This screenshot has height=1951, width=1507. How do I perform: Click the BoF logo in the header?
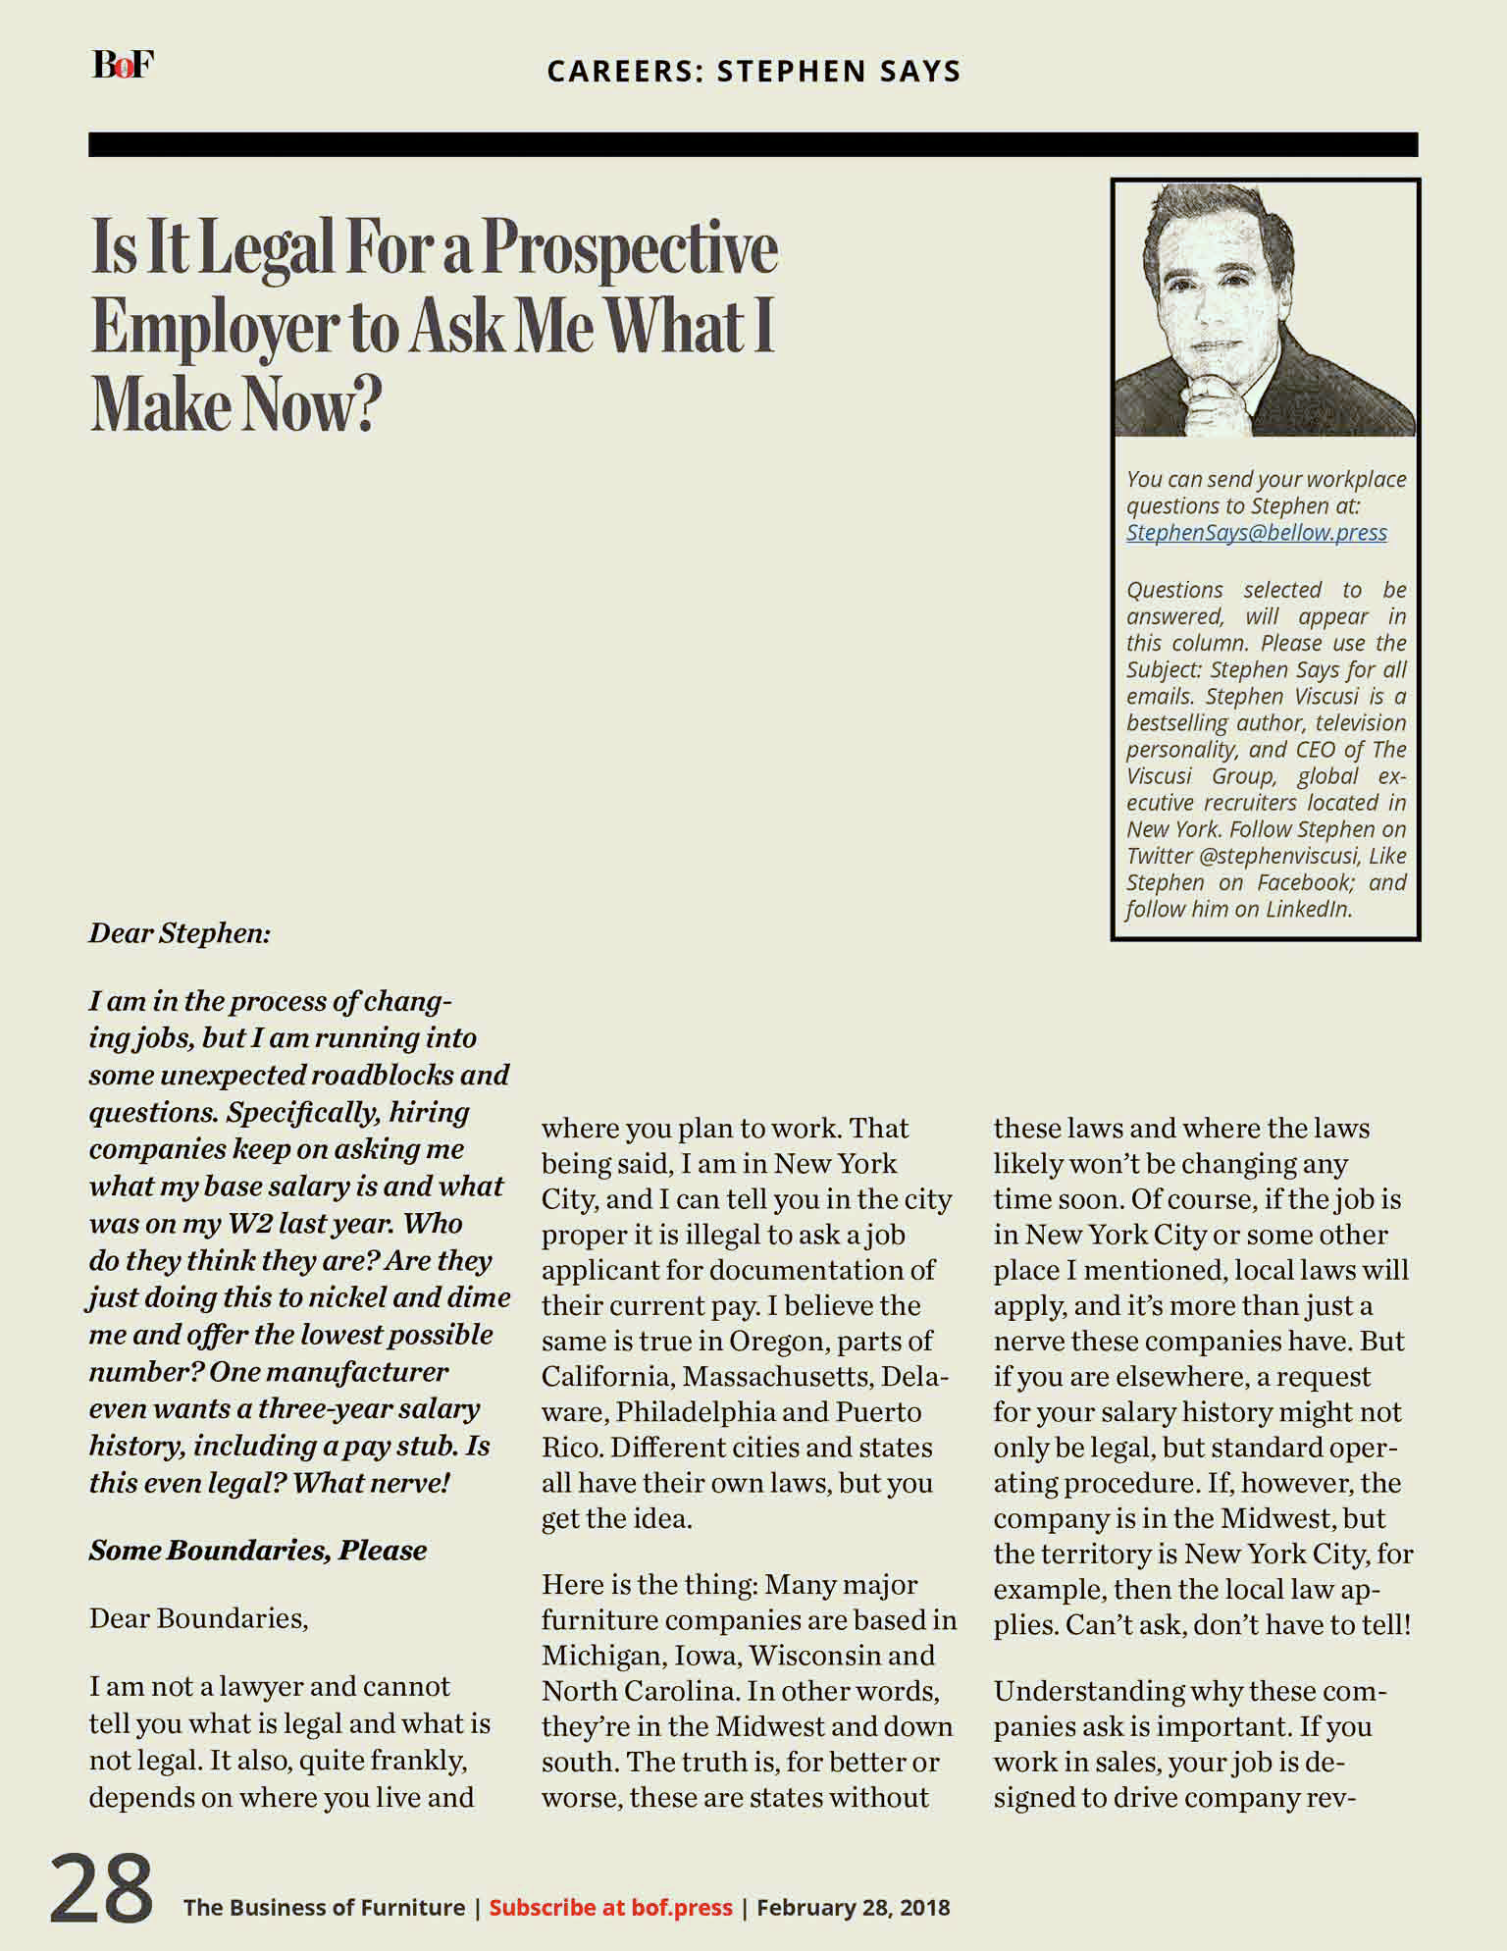[123, 65]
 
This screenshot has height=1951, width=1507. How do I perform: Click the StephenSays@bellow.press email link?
[1256, 533]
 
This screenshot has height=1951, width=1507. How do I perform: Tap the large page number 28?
[101, 1889]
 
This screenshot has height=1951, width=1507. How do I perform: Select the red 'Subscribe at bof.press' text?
[610, 1907]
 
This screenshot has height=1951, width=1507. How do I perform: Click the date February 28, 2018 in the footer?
[853, 1907]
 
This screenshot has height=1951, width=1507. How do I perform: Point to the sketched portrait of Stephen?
[1265, 309]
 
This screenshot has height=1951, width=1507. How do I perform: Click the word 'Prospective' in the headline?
[630, 248]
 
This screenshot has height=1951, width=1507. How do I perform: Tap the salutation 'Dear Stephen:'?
[180, 932]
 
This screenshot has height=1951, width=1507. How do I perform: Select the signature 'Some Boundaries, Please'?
[258, 1551]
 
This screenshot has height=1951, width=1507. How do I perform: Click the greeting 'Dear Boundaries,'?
[198, 1618]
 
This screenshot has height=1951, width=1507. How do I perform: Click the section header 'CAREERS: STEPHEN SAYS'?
[753, 71]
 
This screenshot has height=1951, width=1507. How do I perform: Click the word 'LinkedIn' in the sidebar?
[1307, 909]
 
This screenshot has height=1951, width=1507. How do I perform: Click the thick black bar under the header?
[753, 144]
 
